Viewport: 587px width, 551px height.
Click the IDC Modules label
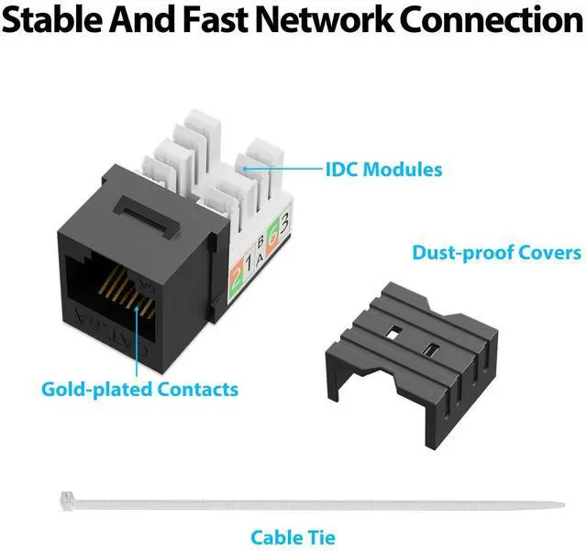coord(382,170)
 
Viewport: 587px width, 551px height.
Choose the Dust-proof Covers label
coord(496,252)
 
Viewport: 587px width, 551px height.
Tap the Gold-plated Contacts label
coord(139,389)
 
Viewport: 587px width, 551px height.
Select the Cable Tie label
coord(293,537)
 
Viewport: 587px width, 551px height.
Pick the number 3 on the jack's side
coord(285,223)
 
